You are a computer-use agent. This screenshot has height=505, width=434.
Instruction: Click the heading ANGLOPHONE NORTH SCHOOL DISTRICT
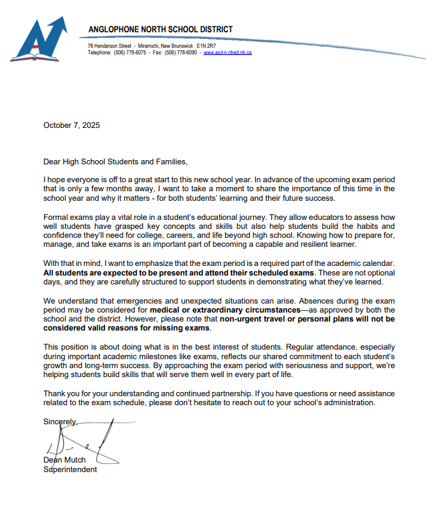tap(161, 29)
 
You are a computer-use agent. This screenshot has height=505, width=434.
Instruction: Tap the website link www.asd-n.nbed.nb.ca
tap(227, 53)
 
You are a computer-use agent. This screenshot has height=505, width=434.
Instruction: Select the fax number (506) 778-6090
tap(181, 53)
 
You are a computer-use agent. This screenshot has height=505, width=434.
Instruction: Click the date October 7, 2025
tap(72, 126)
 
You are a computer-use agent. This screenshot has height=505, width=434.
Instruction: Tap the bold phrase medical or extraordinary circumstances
tap(224, 310)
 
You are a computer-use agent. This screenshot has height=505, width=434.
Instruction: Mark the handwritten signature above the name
tap(84, 442)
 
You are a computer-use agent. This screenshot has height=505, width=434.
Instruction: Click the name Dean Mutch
tap(64, 460)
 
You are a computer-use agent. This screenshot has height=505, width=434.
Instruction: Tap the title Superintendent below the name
tap(70, 469)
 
